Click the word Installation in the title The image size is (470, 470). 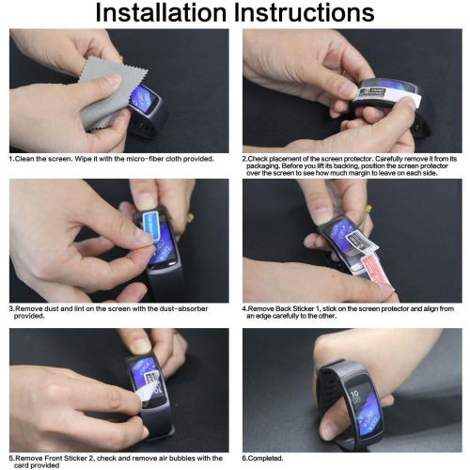pyautogui.click(x=161, y=12)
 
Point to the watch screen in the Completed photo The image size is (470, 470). pyautogui.click(x=365, y=403)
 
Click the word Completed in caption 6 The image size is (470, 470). pyautogui.click(x=265, y=459)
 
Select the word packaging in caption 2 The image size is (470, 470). pyautogui.click(x=262, y=166)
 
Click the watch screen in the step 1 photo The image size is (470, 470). pyautogui.click(x=143, y=98)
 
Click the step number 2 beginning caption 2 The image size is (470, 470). pyautogui.click(x=243, y=159)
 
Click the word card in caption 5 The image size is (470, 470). pyautogui.click(x=21, y=465)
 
